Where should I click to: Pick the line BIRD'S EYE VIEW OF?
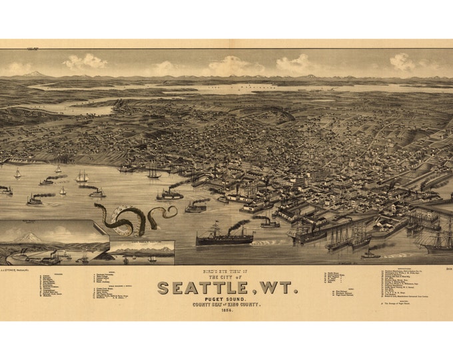[x=226, y=270]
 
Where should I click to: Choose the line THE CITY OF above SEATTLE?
[x=226, y=276]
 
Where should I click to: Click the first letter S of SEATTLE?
[x=163, y=288]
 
